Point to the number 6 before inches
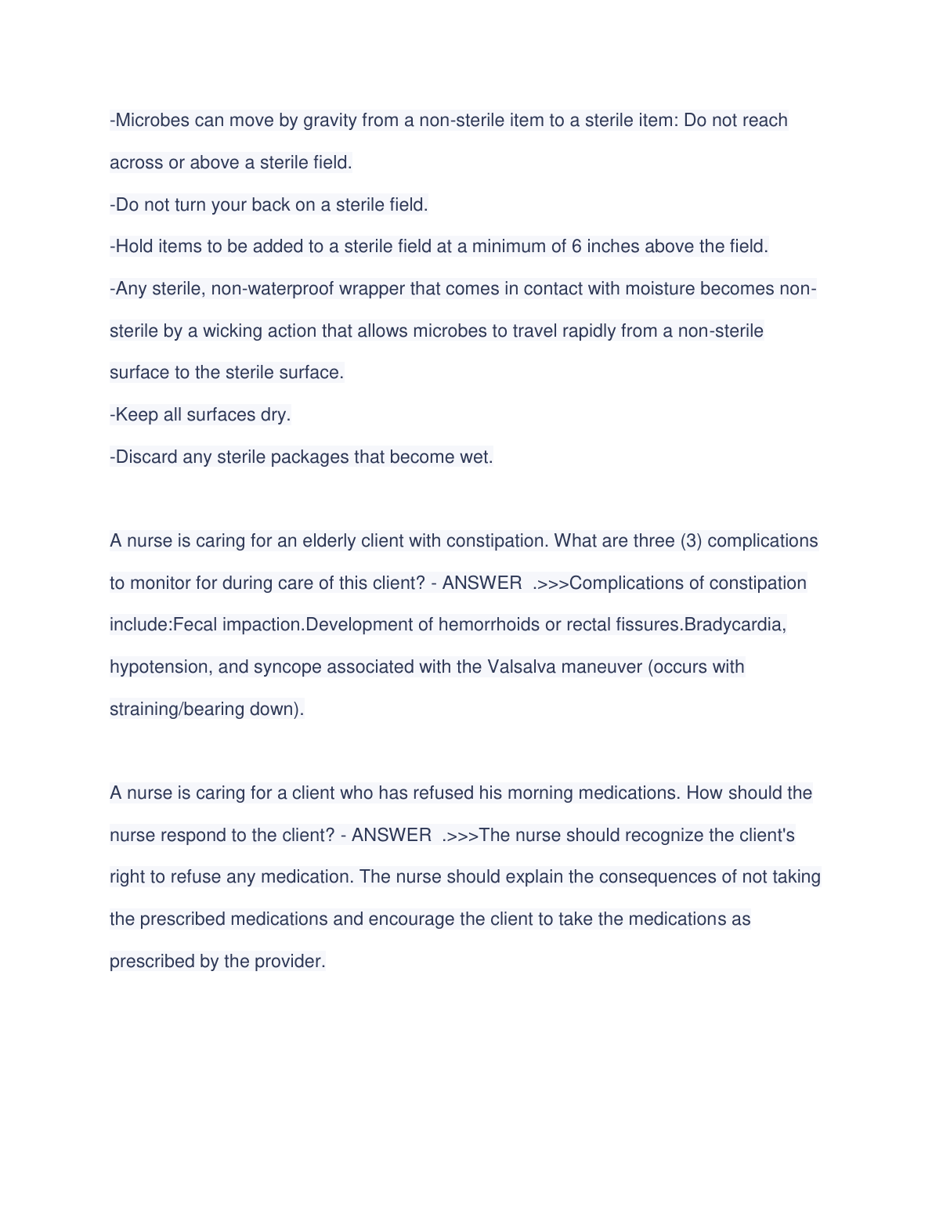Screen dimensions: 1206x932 pyautogui.click(x=576, y=247)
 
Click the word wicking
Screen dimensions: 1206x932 pyautogui.click(x=233, y=331)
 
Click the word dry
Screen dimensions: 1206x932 pyautogui.click(x=275, y=415)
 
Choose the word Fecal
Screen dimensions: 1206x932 pyautogui.click(x=195, y=625)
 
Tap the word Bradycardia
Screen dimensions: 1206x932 pyautogui.click(x=735, y=625)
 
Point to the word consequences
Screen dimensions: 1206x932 pyautogui.click(x=667, y=877)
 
